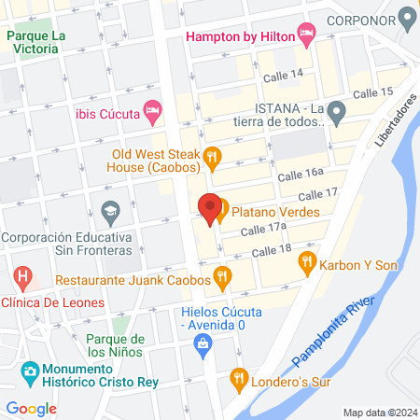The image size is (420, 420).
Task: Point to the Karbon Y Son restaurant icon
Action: click(308, 265)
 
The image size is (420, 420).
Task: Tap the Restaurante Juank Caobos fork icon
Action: click(221, 276)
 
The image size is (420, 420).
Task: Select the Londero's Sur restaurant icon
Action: click(238, 379)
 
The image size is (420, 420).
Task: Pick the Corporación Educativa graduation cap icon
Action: click(110, 212)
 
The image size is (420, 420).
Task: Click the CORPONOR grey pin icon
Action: click(406, 17)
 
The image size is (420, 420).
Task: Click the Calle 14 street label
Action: click(283, 74)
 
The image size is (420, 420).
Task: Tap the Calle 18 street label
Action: click(272, 250)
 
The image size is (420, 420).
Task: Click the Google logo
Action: click(31, 408)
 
